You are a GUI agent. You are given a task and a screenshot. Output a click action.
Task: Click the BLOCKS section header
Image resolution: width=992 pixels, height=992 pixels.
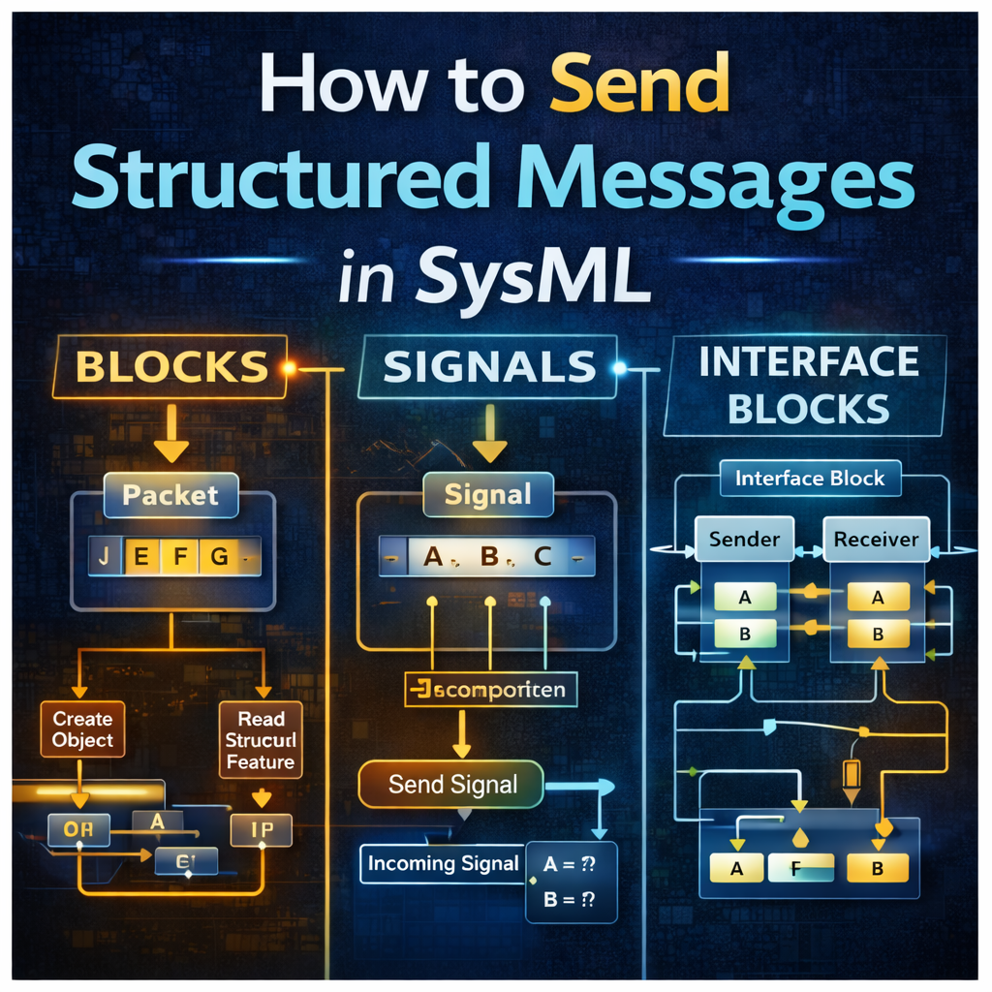(x=171, y=367)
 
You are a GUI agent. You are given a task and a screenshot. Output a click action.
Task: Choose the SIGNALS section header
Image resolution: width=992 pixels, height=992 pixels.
(x=488, y=365)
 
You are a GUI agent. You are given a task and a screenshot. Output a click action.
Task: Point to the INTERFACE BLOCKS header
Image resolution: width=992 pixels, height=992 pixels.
(x=808, y=385)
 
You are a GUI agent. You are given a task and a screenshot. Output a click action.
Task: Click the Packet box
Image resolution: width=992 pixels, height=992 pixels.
(x=170, y=495)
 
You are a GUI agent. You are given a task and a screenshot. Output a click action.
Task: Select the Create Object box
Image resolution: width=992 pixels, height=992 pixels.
(x=82, y=730)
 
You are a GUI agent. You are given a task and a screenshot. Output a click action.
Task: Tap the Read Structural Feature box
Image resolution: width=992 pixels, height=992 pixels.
(x=261, y=740)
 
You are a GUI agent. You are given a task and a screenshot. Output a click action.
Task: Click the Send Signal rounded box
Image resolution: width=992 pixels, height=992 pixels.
(x=452, y=785)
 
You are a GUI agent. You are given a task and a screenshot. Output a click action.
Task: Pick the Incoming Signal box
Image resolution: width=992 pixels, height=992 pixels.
(x=443, y=864)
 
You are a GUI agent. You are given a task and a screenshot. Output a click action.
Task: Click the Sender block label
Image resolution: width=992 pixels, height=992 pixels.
(x=745, y=539)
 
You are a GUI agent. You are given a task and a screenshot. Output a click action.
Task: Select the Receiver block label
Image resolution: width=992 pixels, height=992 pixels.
(x=877, y=539)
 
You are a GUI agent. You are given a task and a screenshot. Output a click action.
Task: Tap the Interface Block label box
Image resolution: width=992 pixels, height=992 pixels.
(x=809, y=479)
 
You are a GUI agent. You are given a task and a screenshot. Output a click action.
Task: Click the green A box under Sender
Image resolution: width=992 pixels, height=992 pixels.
(x=744, y=598)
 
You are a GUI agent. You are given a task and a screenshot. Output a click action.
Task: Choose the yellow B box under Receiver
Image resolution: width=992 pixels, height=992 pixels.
(x=878, y=635)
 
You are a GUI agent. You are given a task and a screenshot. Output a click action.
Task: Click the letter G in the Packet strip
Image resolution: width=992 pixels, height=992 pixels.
(x=219, y=557)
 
